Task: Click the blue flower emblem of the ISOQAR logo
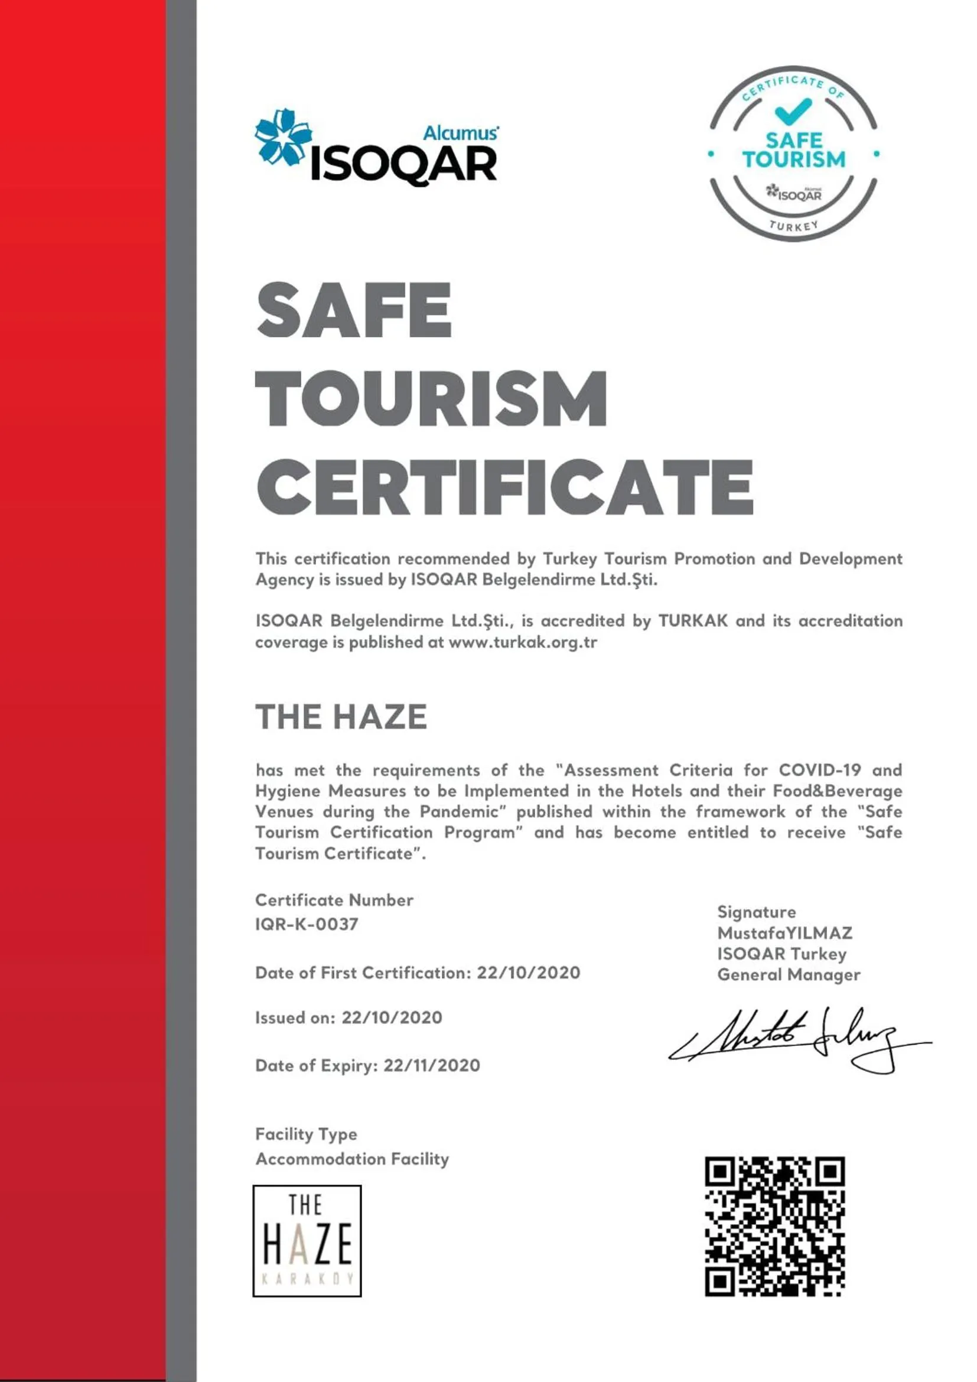(x=284, y=138)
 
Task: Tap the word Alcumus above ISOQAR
(x=460, y=132)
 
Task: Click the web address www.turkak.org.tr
(x=523, y=642)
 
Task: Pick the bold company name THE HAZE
(x=341, y=717)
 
